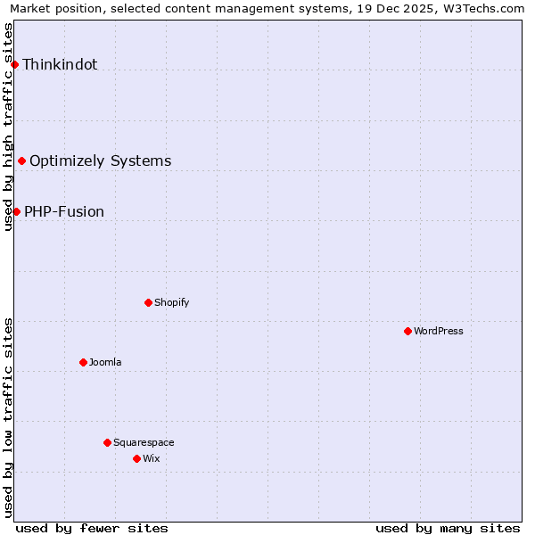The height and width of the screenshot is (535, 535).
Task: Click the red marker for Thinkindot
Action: point(15,65)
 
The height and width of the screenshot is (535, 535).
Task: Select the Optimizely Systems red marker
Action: point(22,161)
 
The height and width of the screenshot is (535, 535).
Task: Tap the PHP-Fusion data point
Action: point(17,212)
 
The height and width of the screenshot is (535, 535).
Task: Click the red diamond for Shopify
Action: point(148,303)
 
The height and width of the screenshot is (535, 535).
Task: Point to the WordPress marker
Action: point(407,332)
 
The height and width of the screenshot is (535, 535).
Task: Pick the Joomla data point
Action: point(83,363)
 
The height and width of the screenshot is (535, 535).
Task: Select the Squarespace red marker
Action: point(107,443)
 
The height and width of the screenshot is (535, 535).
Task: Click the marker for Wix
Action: point(136,459)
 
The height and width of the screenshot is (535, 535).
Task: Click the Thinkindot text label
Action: point(60,65)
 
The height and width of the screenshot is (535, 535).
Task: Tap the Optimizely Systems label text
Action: point(101,161)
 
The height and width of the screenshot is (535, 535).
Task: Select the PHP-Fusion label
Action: point(64,212)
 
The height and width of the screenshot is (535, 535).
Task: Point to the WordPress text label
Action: point(439,332)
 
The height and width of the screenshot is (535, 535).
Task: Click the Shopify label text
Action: point(172,303)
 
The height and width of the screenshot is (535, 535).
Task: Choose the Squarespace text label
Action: point(144,443)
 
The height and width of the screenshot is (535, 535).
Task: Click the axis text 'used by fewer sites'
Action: point(92,528)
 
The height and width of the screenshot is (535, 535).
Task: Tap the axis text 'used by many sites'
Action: point(448,528)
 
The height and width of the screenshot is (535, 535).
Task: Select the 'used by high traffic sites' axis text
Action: point(8,127)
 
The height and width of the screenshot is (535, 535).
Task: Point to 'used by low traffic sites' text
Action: point(8,417)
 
